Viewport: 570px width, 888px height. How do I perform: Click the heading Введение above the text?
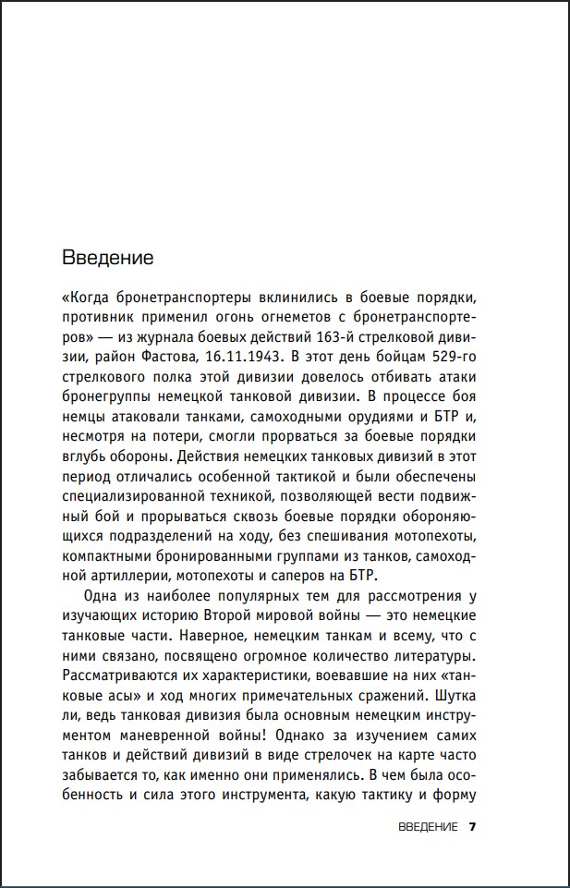106,255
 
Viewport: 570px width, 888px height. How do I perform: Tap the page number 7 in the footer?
472,826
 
